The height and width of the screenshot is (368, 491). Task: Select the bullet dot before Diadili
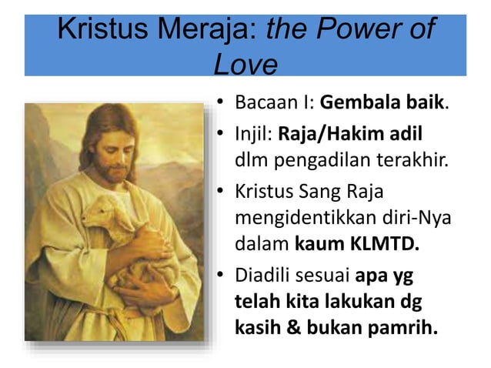[220, 275]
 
